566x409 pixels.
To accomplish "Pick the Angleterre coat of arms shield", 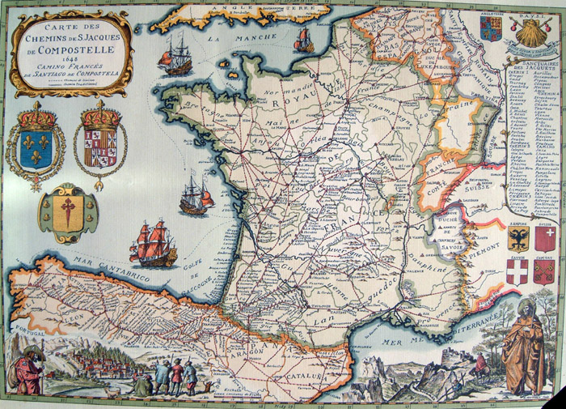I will click(489, 29).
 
